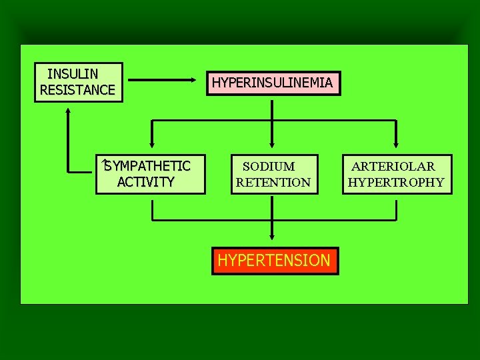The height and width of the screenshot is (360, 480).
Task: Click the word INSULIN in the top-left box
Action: pyautogui.click(x=73, y=73)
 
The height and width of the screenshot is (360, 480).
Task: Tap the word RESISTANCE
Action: pyautogui.click(x=77, y=90)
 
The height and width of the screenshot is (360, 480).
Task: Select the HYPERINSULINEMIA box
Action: pyautogui.click(x=272, y=83)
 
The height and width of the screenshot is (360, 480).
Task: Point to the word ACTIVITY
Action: pyautogui.click(x=145, y=182)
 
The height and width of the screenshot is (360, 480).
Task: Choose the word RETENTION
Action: pyautogui.click(x=273, y=182)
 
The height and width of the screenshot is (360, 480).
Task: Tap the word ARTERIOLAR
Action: pyautogui.click(x=393, y=166)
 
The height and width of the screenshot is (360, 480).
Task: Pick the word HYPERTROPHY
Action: pyautogui.click(x=396, y=182)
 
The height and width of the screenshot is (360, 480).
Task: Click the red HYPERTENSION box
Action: pyautogui.click(x=274, y=260)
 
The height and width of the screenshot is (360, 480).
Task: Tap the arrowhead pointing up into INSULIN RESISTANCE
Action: pyautogui.click(x=69, y=111)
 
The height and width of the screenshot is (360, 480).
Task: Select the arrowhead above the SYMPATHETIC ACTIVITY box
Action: pyautogui.click(x=151, y=142)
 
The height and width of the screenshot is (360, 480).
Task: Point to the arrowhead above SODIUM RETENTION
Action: pyautogui.click(x=272, y=142)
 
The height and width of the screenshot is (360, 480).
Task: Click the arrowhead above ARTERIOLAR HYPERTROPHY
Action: pyautogui.click(x=397, y=142)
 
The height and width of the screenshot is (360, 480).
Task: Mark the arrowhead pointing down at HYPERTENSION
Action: pyautogui.click(x=272, y=236)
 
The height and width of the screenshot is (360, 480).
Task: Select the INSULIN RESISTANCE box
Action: pyautogui.click(x=79, y=82)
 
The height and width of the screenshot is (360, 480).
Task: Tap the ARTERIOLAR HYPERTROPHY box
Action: pyautogui.click(x=397, y=174)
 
